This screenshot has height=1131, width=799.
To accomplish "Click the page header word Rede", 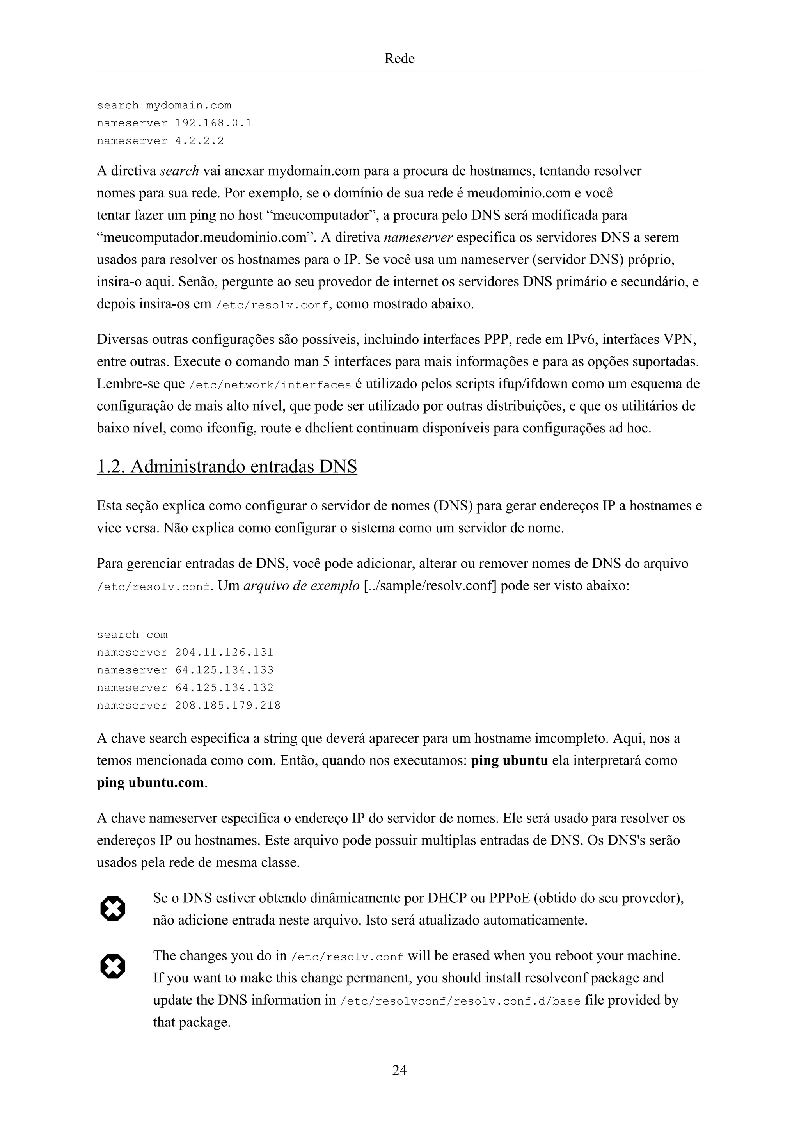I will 399,59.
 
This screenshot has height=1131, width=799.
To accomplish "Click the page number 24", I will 399,1070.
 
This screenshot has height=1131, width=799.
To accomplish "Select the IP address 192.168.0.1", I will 214,123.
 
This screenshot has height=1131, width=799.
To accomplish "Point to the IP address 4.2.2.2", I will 199,141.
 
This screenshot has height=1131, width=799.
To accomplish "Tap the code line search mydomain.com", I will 164,105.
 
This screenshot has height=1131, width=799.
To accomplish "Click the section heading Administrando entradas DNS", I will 227,466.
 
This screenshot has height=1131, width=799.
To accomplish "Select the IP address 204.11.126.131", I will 224,652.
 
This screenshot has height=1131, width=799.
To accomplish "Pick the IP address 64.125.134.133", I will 224,670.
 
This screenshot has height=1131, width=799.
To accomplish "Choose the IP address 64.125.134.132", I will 224,688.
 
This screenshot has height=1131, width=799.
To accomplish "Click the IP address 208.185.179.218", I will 227,705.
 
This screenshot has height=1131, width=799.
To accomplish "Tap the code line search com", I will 132,635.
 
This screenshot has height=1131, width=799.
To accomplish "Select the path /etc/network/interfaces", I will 270,385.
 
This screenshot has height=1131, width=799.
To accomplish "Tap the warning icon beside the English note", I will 113,966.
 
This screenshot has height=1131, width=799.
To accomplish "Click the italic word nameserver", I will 418,237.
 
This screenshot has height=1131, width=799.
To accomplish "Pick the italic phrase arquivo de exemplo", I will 301,586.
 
